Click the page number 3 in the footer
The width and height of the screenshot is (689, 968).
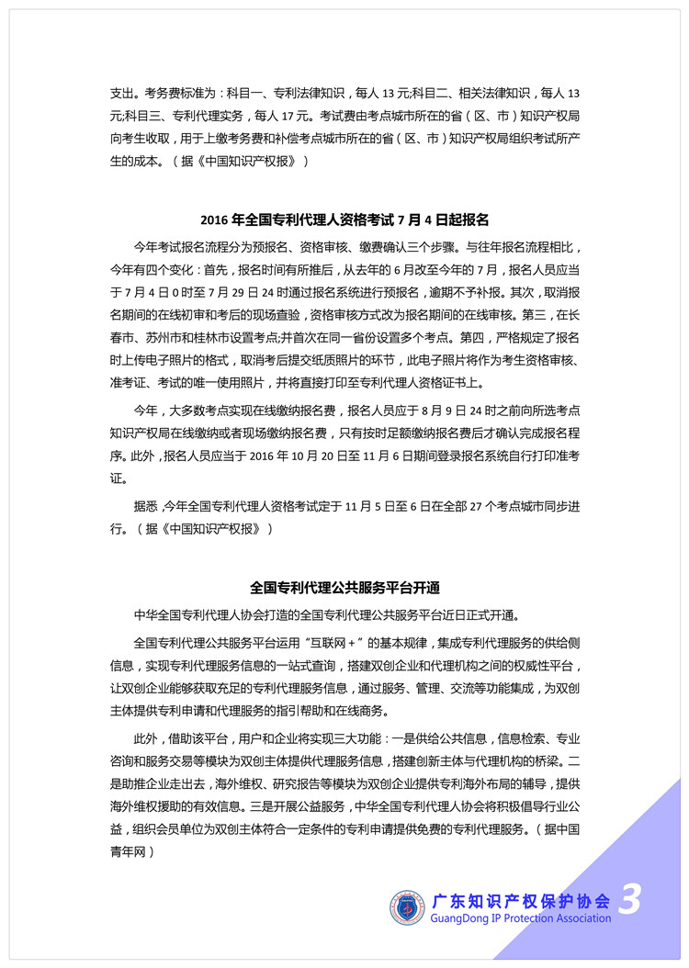click(x=629, y=897)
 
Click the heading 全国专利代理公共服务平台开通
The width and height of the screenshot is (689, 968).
click(x=344, y=585)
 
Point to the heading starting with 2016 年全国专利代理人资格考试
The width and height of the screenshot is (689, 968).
click(x=344, y=219)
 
